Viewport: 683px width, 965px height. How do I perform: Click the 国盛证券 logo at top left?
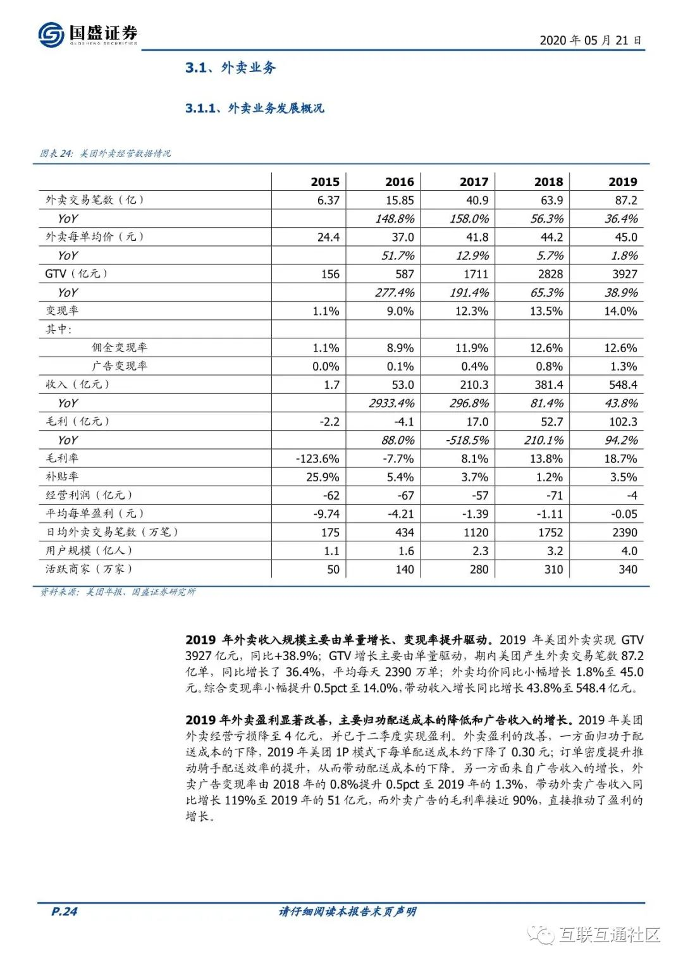tap(88, 34)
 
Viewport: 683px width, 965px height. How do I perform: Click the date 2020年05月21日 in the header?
tap(591, 40)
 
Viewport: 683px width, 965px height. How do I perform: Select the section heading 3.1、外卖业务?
tap(230, 68)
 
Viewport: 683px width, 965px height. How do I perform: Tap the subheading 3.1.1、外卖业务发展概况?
tap(254, 108)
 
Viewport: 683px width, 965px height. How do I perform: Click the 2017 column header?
tap(474, 182)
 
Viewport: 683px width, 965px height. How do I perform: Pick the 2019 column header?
tap(622, 182)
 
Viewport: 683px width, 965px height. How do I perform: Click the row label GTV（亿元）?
tap(77, 274)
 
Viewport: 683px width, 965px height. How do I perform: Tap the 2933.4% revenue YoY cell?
tap(391, 403)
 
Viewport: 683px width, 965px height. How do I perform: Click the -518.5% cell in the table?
tap(467, 440)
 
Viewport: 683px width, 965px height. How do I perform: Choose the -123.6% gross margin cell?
tap(317, 458)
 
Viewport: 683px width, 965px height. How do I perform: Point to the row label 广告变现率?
tap(120, 366)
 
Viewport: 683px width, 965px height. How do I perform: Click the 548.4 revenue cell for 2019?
tap(622, 385)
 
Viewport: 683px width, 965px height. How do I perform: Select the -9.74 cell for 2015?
tap(326, 514)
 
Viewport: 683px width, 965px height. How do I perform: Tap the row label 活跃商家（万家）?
tap(89, 569)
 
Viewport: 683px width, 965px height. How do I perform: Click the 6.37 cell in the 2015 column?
tap(328, 200)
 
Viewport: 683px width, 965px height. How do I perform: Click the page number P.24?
tap(64, 911)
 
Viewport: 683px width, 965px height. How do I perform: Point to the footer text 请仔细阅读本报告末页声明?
tap(347, 911)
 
